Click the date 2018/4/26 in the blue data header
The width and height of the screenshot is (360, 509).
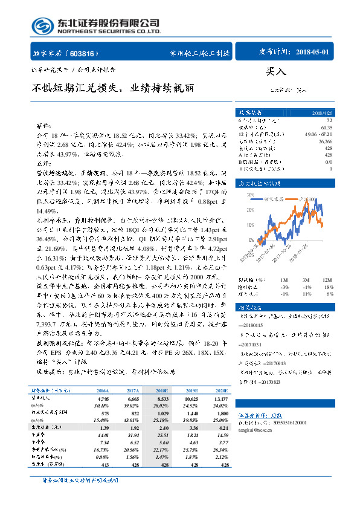pos(321,113)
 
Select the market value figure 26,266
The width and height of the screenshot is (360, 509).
pos(326,141)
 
